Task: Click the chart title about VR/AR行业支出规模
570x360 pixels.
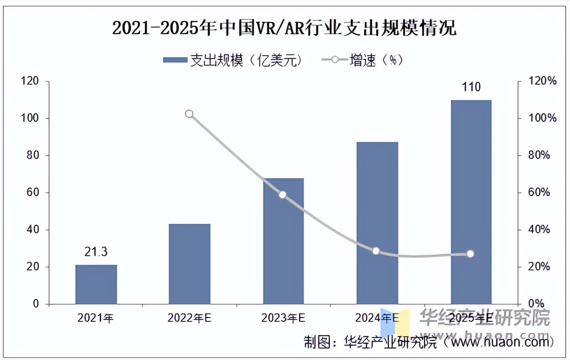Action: click(285, 28)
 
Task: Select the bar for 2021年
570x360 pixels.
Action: click(96, 284)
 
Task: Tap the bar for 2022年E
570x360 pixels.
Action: click(189, 264)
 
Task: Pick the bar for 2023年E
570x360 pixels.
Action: click(283, 241)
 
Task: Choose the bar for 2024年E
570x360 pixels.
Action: click(377, 223)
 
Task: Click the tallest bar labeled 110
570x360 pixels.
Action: click(471, 202)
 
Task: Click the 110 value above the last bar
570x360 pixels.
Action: click(471, 87)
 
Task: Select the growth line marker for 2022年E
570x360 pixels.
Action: click(189, 114)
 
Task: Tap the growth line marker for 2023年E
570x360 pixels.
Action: click(283, 195)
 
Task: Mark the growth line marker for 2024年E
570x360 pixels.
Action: click(376, 251)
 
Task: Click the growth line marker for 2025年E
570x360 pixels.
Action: click(470, 254)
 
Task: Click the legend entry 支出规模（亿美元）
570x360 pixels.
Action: click(233, 60)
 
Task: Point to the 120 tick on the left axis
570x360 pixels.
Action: click(30, 81)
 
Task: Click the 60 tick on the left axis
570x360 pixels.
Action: click(32, 193)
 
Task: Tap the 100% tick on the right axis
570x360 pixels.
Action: click(543, 119)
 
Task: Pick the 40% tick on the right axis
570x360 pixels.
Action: click(541, 230)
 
